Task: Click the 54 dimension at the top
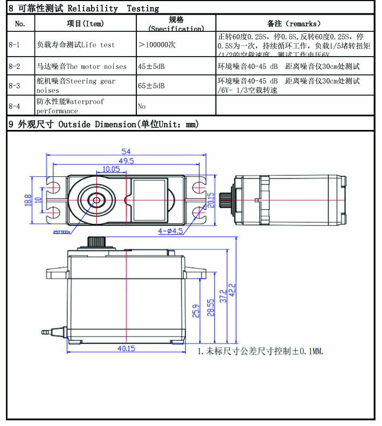[126, 152]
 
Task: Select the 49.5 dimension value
[126, 161]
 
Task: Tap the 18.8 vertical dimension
[28, 200]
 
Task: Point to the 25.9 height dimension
[196, 311]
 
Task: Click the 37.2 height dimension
[223, 295]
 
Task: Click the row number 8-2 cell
[15, 66]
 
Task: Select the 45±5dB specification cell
[151, 66]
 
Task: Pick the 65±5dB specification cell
[151, 86]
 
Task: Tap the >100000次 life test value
[157, 45]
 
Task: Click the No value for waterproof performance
[142, 106]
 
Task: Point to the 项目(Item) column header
[85, 23]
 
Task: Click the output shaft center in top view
[96, 200]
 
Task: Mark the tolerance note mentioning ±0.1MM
[260, 351]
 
